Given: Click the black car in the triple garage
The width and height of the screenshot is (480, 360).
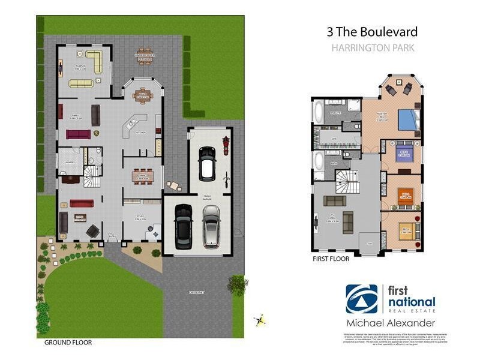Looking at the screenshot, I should pos(183,227).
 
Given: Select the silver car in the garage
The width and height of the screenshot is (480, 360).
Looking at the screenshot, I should pos(211,226).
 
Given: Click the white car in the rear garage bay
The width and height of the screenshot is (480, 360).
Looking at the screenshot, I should pos(208,163).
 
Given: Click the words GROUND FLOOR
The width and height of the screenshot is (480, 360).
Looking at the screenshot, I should pos(68,343).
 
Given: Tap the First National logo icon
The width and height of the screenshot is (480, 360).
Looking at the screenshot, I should pos(362,298).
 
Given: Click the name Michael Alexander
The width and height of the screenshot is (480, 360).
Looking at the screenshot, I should pos(390,323).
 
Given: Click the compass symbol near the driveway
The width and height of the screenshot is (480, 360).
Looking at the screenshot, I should pos(260,321).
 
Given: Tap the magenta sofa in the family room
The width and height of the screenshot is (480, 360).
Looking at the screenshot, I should pos(77,134).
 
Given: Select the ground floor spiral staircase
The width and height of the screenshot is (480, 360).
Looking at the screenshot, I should pos(92,176).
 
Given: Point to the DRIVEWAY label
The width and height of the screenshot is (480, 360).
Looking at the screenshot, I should pos(196,292).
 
